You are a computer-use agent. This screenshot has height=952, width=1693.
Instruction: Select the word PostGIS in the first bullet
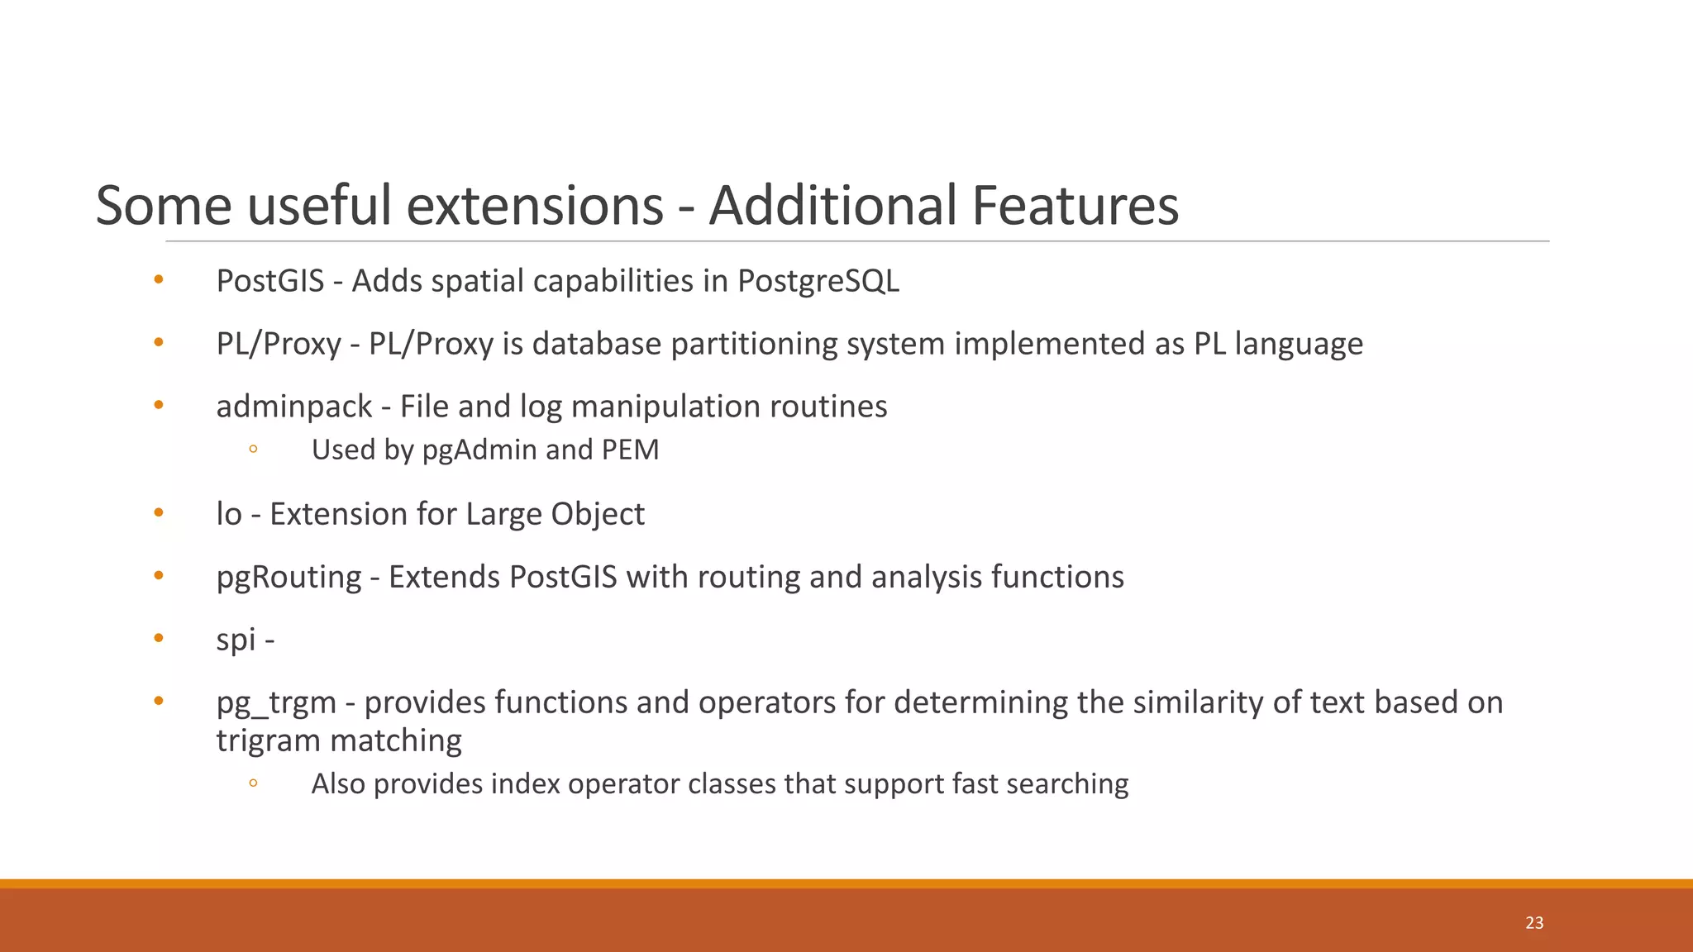click(x=269, y=281)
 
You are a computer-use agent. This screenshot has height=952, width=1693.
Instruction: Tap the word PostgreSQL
click(x=818, y=281)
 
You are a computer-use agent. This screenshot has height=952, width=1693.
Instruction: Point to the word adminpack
click(x=293, y=407)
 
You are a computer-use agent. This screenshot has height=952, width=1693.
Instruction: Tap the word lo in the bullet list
click(x=228, y=514)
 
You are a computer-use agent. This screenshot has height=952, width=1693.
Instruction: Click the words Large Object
click(x=555, y=514)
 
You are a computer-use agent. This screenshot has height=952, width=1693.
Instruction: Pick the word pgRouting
click(x=289, y=577)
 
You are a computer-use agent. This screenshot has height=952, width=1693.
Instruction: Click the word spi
click(x=236, y=640)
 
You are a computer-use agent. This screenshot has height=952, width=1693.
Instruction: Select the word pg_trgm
click(x=276, y=703)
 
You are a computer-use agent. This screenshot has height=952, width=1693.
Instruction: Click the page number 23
click(x=1534, y=923)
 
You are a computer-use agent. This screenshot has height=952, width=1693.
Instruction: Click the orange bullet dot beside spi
click(x=159, y=637)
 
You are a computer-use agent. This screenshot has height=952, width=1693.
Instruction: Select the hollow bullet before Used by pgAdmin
click(x=253, y=449)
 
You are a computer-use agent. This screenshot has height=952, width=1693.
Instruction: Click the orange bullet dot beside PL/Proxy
click(x=159, y=341)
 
